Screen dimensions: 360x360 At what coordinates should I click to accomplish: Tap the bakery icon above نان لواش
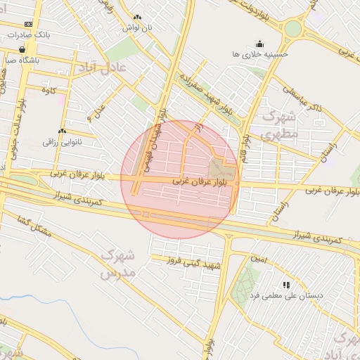(137, 18)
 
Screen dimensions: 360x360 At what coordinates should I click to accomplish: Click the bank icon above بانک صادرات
(28, 24)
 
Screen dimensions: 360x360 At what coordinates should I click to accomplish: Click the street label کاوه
(49, 91)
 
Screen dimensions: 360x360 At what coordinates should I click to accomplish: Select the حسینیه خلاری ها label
(260, 53)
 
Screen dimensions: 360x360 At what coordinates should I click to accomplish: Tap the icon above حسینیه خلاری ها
(259, 44)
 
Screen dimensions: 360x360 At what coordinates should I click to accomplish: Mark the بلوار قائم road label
(247, 134)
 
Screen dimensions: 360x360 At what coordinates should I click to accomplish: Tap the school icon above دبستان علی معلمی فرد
(286, 285)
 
